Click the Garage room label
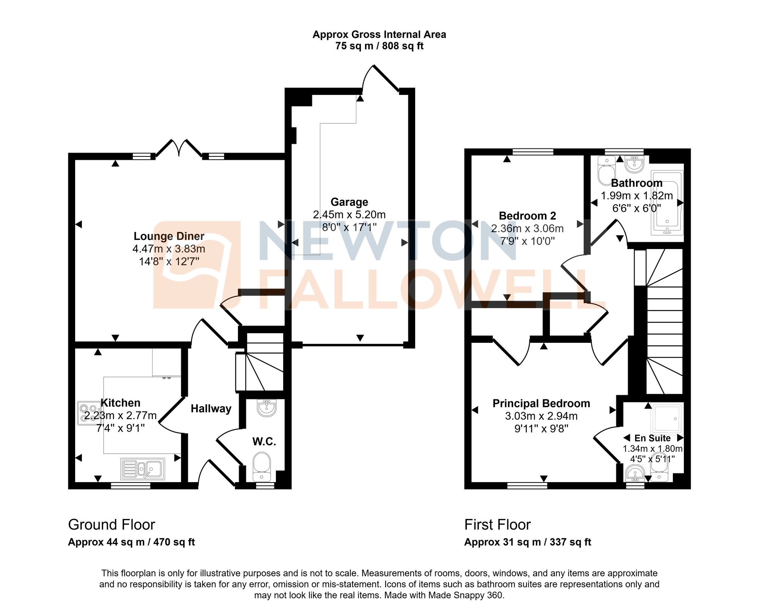(349, 202)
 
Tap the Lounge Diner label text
(169, 236)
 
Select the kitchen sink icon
(143, 469)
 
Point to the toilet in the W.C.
(261, 465)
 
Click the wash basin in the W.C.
(266, 408)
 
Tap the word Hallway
(211, 408)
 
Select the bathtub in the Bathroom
(667, 203)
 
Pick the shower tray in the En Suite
(667, 419)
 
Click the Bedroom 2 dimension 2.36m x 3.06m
(527, 229)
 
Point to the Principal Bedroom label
(541, 404)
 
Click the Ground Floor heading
(112, 525)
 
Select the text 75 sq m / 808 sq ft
(379, 46)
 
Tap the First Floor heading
(497, 525)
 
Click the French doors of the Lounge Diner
(179, 148)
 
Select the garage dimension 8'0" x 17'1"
(349, 227)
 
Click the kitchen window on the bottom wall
(131, 486)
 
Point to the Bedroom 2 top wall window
(533, 152)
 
